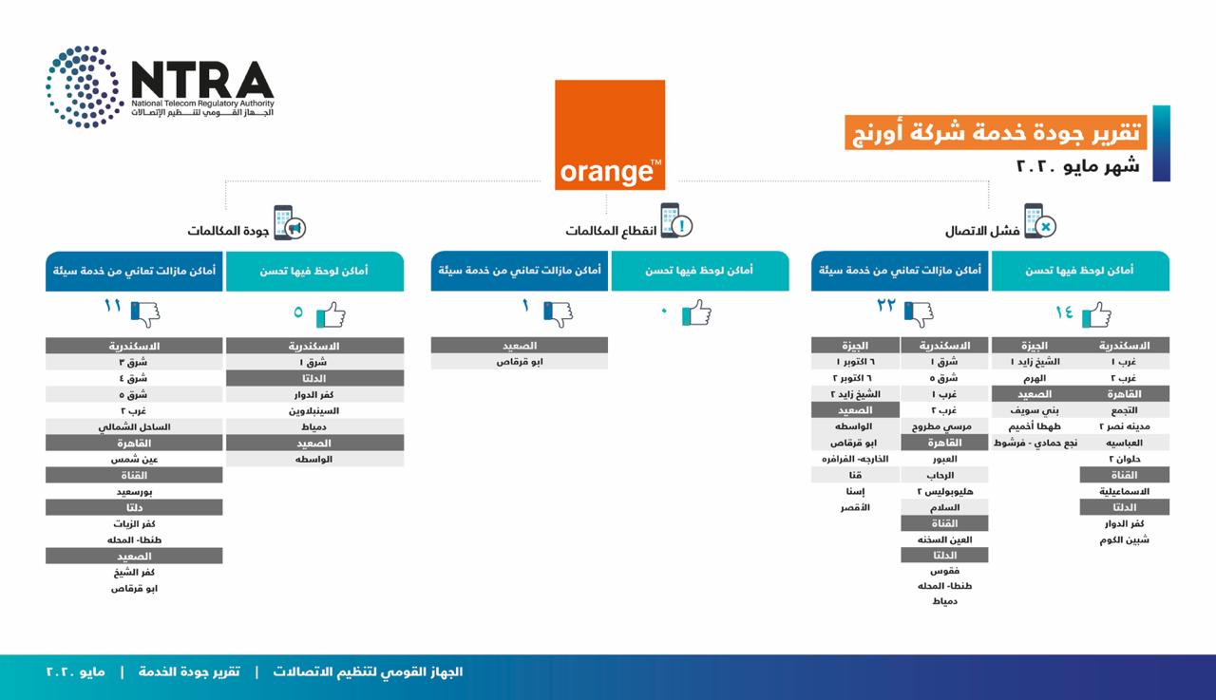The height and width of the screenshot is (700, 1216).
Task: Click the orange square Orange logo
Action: [x=609, y=135]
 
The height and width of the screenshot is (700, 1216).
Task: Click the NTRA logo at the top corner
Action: [x=160, y=86]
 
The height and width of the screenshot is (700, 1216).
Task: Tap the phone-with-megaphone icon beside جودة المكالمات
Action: [x=289, y=223]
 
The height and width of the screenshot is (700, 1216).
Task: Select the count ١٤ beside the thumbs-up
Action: [x=1064, y=312]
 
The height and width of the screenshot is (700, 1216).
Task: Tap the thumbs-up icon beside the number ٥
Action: [x=331, y=313]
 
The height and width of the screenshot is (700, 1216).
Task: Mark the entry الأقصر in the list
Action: [x=855, y=508]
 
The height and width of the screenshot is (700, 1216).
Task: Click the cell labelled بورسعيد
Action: [x=134, y=492]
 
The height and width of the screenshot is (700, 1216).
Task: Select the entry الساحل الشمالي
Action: [x=134, y=427]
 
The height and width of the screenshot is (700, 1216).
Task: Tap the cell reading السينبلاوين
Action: [x=314, y=410]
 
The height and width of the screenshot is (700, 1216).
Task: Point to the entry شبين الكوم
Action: [x=1125, y=539]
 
